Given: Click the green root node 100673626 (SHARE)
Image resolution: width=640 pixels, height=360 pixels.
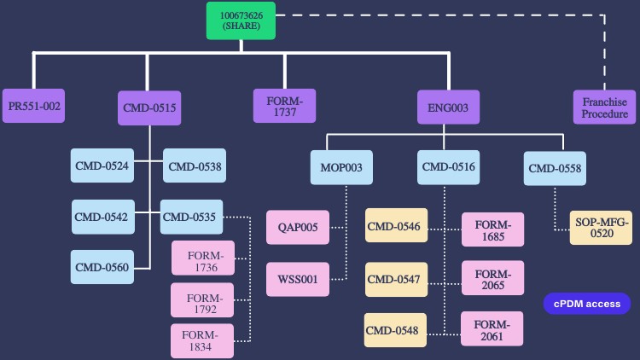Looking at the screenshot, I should point(241,21).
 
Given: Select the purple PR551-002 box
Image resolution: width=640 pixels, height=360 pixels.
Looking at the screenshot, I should point(34,107).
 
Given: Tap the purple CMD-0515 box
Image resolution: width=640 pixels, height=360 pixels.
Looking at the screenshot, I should point(149,108).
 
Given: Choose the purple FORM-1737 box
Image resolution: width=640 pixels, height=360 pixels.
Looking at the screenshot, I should point(284,107).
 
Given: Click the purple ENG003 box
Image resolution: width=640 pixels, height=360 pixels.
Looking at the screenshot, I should point(448,108).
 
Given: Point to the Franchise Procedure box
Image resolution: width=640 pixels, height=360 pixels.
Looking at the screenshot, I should point(605,107).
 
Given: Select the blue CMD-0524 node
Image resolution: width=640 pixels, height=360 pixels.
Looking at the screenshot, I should point(102,166).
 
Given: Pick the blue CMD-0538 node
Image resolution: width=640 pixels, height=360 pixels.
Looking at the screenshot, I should point(195,166).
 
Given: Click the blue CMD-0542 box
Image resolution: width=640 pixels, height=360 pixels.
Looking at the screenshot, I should point(102,217).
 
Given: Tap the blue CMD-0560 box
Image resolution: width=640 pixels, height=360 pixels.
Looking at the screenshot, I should point(102,267).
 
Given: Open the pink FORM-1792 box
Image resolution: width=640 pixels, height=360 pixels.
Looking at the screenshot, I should point(203,299).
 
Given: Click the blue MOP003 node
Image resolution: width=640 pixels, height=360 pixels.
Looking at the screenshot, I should point(341,168).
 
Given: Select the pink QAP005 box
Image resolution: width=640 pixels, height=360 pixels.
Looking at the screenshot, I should point(298,228).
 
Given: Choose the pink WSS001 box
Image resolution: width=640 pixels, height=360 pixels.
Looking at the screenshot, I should point(298,279).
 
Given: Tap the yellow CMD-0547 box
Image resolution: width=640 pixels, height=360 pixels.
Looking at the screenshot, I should point(395,279).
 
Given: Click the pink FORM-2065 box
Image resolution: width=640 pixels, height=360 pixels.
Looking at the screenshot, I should point(492,279).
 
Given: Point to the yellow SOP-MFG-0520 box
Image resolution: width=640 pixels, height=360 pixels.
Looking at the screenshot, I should point(602,228).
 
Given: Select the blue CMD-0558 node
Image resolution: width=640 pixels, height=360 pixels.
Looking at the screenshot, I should point(555,168).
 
